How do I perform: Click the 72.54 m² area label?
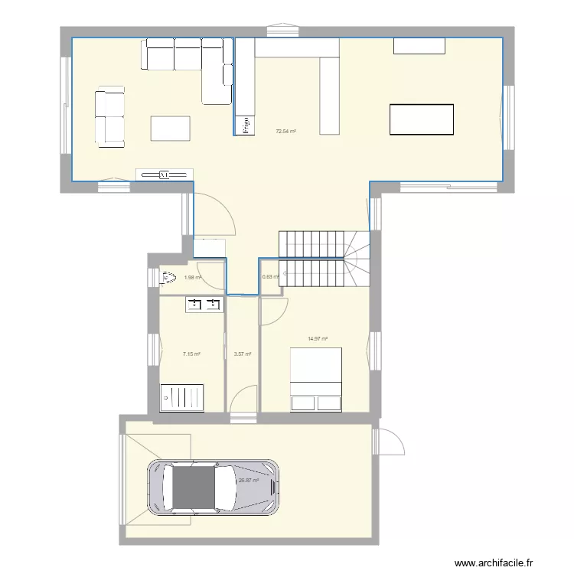click(285, 131)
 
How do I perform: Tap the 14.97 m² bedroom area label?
click(318, 338)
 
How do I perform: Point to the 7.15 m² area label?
click(191, 354)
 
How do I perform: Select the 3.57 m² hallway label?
click(243, 354)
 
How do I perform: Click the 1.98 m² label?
click(192, 278)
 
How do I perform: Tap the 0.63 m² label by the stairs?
click(269, 277)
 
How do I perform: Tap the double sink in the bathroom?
click(203, 305)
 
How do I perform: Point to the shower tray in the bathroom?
click(181, 396)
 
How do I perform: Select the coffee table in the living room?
click(171, 128)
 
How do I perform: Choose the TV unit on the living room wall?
click(164, 174)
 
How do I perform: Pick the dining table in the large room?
click(422, 119)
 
